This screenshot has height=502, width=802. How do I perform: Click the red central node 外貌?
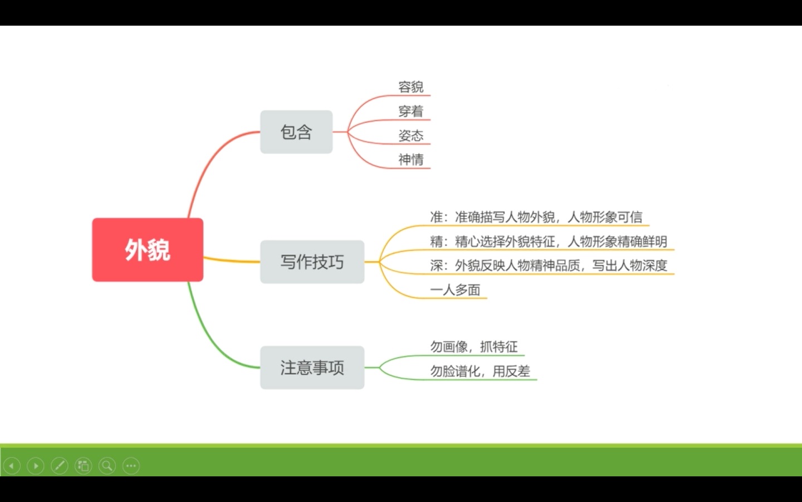point(148,249)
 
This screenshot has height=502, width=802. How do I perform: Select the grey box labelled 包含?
point(296,132)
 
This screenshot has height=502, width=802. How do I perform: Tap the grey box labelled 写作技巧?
point(312,262)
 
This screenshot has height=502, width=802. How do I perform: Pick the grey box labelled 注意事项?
point(312,368)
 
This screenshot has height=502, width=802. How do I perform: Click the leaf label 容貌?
point(411,87)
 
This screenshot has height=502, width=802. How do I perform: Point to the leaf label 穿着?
point(411,111)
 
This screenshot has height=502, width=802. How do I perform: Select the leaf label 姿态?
point(411,136)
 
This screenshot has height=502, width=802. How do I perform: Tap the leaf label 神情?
point(411,160)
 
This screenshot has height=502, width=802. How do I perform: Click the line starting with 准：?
point(536,217)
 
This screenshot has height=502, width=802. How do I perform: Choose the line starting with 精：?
point(549,242)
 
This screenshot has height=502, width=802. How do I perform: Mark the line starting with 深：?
point(549,266)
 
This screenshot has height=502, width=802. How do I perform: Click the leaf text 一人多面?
point(455,289)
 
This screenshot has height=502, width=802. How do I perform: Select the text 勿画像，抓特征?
point(474,347)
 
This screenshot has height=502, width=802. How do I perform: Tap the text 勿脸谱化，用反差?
point(480,371)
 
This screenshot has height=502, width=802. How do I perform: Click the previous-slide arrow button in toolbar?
point(12,466)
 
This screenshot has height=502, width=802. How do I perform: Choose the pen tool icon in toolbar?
point(60,466)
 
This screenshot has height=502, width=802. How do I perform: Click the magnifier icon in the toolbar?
point(107,466)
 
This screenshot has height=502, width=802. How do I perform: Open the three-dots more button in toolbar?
point(131,466)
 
